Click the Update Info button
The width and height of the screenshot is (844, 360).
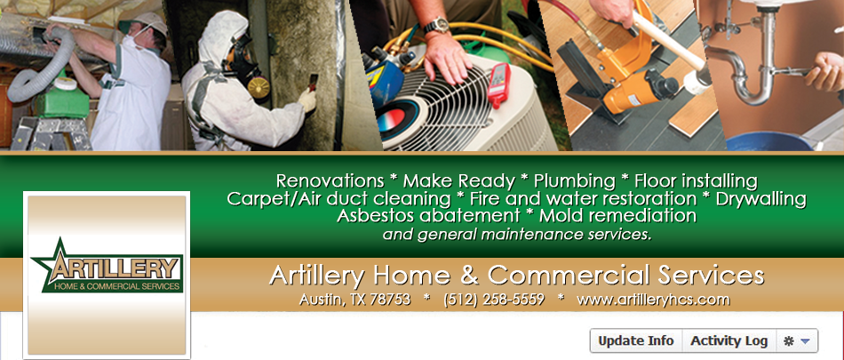click(635, 341)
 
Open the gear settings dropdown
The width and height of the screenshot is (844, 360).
click(796, 341)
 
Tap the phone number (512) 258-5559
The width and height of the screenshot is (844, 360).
click(493, 300)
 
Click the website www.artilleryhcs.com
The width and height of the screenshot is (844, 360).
click(653, 300)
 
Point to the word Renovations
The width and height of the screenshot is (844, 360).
click(329, 180)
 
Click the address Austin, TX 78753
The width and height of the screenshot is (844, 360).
click(355, 300)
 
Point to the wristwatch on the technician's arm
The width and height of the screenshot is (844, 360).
click(436, 26)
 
